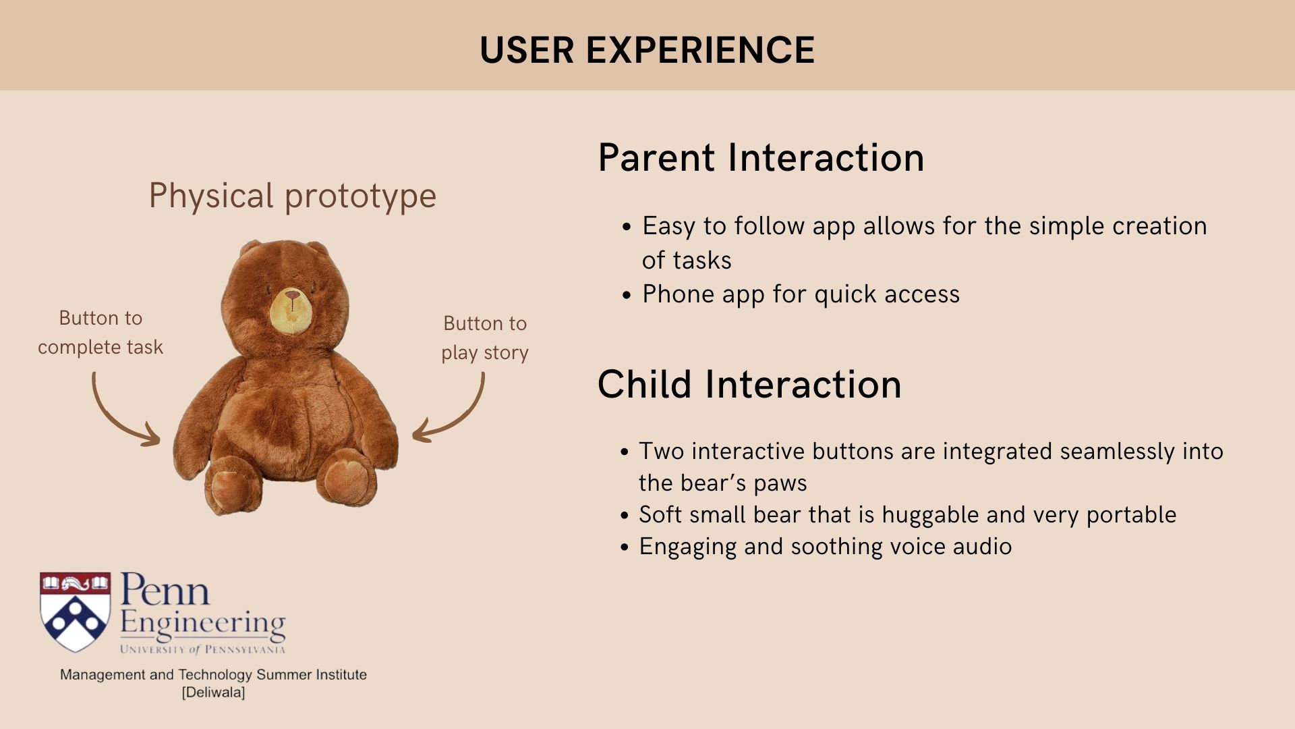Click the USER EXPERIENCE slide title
[x=647, y=50]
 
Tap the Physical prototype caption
[x=292, y=196]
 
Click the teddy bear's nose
[x=293, y=296]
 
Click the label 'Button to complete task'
[x=100, y=332]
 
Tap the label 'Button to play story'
[x=484, y=337]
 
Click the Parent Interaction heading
[x=760, y=158]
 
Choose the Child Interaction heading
[x=749, y=385]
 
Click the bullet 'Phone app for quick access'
[x=800, y=294]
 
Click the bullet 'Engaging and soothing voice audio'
[x=825, y=547]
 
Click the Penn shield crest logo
[x=75, y=611]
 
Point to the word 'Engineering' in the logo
[x=202, y=623]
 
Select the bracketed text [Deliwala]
[x=213, y=693]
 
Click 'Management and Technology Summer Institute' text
[x=213, y=674]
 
